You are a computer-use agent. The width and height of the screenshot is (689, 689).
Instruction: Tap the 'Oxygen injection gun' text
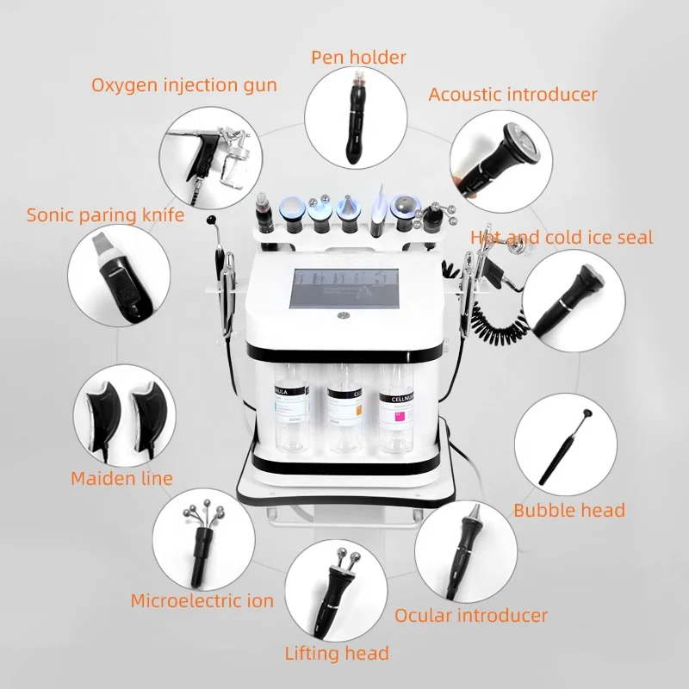pos(184,85)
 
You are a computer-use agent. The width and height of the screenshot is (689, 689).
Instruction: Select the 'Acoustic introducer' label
pos(512,94)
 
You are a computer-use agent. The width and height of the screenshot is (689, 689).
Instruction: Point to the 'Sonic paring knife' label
pos(105,214)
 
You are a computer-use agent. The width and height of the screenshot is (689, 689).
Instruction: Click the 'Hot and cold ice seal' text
pos(562,237)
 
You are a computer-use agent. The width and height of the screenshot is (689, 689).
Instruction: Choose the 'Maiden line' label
pos(121,477)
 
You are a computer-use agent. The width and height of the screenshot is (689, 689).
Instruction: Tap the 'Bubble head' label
pos(569,510)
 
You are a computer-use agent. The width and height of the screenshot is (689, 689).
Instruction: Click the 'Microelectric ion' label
pos(202,600)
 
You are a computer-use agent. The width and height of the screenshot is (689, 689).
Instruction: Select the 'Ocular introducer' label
pos(471,615)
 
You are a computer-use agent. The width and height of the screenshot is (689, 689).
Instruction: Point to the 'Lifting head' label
pos(337,654)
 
